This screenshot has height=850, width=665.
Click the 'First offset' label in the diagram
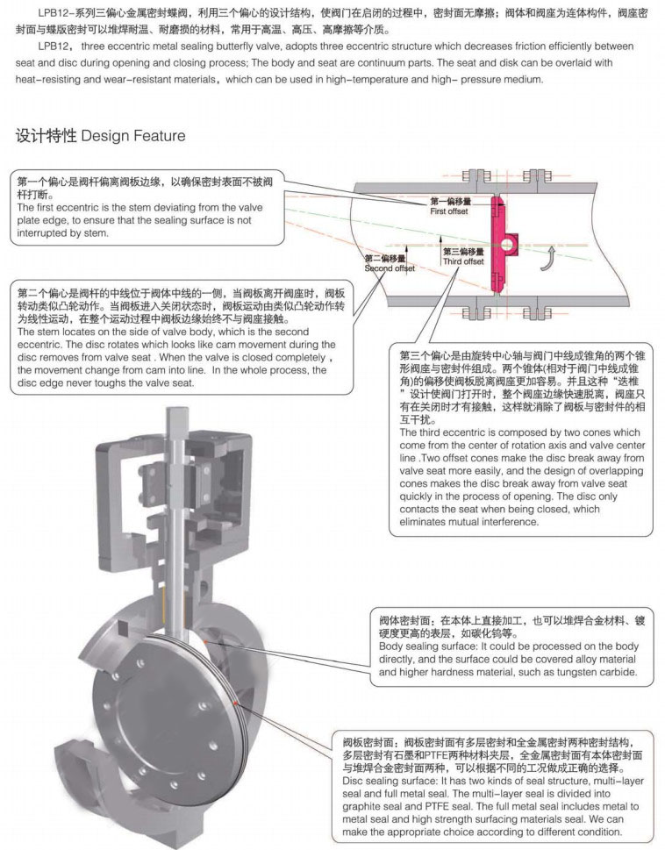(449, 212)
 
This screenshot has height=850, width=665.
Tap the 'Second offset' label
(390, 268)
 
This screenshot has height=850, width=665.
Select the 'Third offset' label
(462, 261)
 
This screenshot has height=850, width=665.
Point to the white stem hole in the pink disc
(508, 241)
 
